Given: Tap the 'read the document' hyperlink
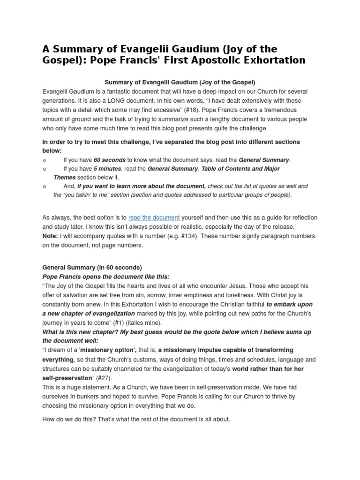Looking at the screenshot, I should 154,217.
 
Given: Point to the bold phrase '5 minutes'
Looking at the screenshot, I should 107,169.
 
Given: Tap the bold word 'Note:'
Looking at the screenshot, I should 50,236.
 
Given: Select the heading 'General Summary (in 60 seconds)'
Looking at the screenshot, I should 92,268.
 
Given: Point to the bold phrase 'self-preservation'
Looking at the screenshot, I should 67,378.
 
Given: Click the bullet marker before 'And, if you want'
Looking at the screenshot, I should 44,186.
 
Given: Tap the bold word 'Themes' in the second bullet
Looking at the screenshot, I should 64,177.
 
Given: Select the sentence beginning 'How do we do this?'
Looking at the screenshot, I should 136,419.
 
